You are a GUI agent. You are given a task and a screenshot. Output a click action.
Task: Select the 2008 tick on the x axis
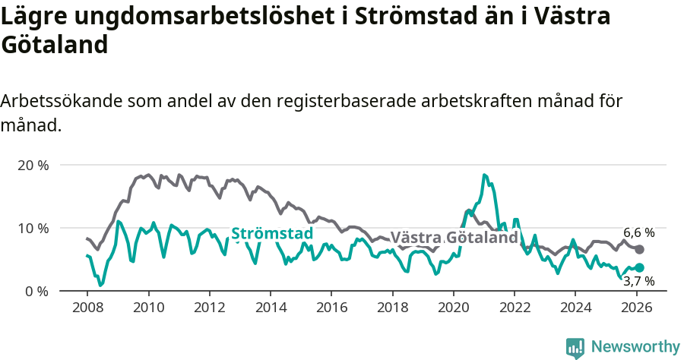tap(87, 308)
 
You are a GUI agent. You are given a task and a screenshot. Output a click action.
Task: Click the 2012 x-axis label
tap(209, 308)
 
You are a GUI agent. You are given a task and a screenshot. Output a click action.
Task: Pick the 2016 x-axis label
tap(331, 308)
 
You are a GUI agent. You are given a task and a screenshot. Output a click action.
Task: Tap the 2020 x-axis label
tap(453, 308)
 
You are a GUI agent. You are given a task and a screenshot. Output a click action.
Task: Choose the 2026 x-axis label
tap(636, 308)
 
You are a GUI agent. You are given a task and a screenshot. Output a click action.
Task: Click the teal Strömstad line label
tap(271, 233)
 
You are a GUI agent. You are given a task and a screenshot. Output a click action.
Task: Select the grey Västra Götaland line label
tap(454, 238)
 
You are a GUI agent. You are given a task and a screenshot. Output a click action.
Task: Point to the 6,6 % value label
tap(638, 233)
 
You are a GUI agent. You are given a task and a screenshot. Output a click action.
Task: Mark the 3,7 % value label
tap(638, 282)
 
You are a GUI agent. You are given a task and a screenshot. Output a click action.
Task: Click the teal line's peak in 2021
tap(484, 175)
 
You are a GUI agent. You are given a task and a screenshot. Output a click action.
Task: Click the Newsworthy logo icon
tap(575, 347)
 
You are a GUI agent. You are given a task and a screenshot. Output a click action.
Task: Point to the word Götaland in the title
tap(54, 45)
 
